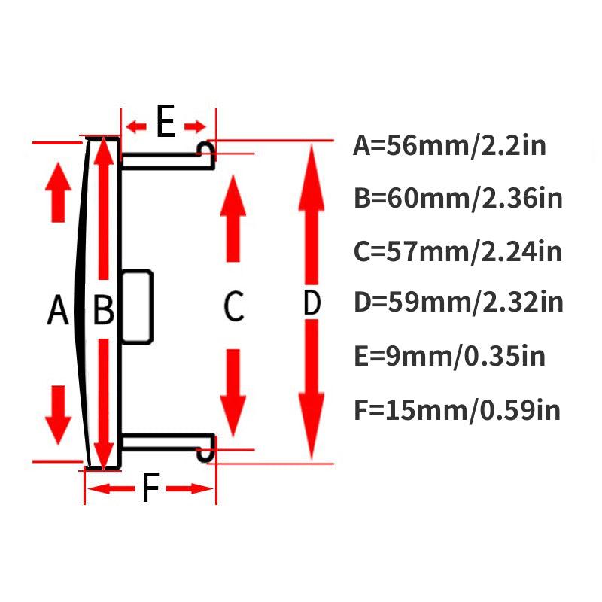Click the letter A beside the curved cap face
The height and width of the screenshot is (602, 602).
click(58, 309)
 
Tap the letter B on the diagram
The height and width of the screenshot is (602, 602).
click(104, 309)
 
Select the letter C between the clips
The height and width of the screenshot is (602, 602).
click(234, 306)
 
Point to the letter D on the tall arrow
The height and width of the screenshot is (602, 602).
click(312, 303)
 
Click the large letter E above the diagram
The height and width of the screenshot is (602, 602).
click(166, 121)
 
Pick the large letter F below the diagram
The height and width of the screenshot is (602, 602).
click(150, 487)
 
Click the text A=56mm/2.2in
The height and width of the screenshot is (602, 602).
click(449, 145)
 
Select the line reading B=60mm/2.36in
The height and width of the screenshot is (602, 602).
click(458, 198)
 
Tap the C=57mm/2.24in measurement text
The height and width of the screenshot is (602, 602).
click(458, 251)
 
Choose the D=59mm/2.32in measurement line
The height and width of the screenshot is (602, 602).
click(458, 303)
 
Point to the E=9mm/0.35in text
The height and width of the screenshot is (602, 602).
click(449, 356)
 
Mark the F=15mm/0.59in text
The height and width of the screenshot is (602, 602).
click(457, 410)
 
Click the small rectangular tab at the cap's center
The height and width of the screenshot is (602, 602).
click(138, 307)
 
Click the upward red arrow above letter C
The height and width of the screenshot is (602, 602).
click(233, 218)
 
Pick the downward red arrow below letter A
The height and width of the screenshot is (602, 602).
click(59, 415)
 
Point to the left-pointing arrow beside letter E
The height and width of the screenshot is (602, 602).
click(136, 126)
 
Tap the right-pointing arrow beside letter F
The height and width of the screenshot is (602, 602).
click(190, 488)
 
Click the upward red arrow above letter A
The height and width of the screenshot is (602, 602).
click(59, 193)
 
